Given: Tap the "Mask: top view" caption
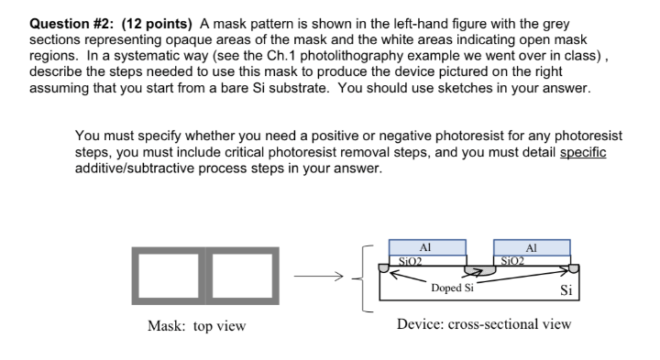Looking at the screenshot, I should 196,325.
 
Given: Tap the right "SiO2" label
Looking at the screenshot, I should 510,260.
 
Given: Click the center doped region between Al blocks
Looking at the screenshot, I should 478,271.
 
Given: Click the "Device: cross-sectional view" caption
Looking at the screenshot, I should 483,324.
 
